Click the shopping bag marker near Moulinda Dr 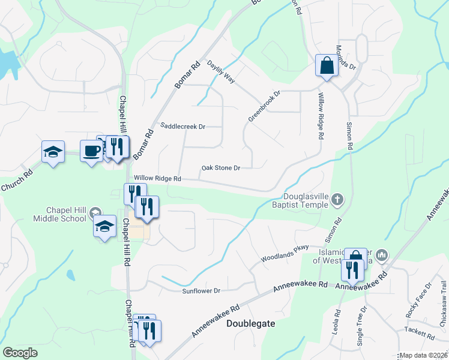click(327, 66)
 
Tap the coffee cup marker click(91, 151)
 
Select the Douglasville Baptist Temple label click(306, 200)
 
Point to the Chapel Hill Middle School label click(67, 214)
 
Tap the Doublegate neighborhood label click(251, 323)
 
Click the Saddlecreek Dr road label click(184, 127)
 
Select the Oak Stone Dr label click(221, 168)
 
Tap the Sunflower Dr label click(202, 291)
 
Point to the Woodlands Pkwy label click(285, 254)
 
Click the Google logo click(20, 352)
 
